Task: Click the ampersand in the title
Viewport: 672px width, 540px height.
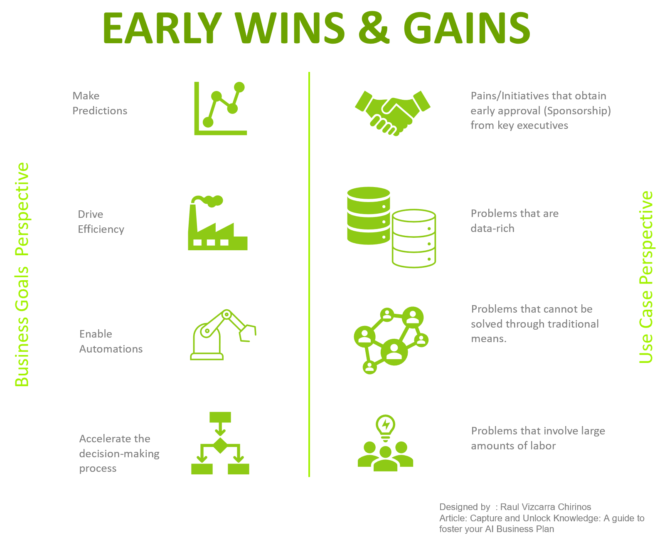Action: click(x=374, y=28)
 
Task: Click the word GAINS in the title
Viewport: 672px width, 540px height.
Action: click(x=467, y=28)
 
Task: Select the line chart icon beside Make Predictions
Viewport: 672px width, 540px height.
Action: click(x=220, y=108)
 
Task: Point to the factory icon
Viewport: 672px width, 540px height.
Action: click(x=218, y=223)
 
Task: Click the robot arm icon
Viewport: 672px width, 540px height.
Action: click(x=223, y=335)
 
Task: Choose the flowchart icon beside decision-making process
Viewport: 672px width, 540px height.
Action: click(x=220, y=443)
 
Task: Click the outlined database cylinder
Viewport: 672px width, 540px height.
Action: click(x=414, y=238)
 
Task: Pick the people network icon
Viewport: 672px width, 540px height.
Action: click(x=391, y=340)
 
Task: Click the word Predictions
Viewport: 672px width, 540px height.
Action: click(x=100, y=111)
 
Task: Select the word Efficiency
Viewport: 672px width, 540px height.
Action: click(x=101, y=229)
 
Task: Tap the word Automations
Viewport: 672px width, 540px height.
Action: click(x=111, y=349)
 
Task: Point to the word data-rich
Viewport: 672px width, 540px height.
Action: click(x=492, y=228)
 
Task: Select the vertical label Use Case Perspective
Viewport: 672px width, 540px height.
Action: click(x=646, y=277)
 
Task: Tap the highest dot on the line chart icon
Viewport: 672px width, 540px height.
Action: click(x=239, y=87)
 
